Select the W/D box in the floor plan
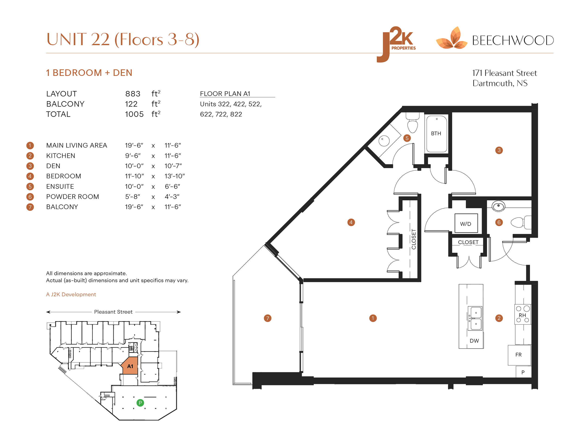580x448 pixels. tap(466, 223)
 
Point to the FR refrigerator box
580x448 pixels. tap(519, 355)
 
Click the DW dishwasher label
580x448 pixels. tap(474, 341)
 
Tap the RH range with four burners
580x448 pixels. tap(523, 314)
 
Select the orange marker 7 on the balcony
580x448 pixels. tap(267, 318)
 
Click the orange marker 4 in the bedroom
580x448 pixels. tap(351, 222)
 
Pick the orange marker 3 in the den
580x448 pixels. tap(499, 150)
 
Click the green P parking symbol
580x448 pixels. tap(140, 403)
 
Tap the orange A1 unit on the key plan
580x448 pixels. tap(130, 366)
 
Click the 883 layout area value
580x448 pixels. tap(133, 94)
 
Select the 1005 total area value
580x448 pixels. tap(134, 114)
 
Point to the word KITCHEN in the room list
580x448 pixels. tap(61, 156)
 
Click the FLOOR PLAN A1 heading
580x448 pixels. tap(225, 94)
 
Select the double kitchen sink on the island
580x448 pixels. tap(475, 318)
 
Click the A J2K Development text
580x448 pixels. tap(71, 294)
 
